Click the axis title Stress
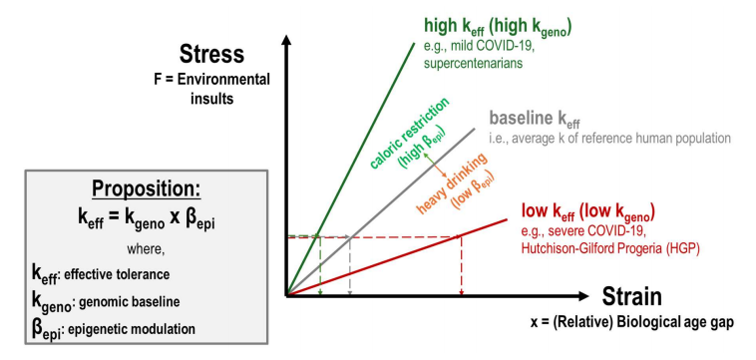(x=211, y=55)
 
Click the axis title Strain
(x=631, y=296)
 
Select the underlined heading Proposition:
(x=146, y=189)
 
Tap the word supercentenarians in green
(x=474, y=64)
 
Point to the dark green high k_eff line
(x=350, y=169)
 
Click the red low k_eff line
(x=397, y=257)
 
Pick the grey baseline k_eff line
(x=381, y=211)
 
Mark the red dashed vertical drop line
(x=462, y=265)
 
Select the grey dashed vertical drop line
(x=350, y=265)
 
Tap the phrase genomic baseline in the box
(x=128, y=302)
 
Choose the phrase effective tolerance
(x=117, y=274)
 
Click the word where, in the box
(x=146, y=249)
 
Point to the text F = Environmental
(x=211, y=80)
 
